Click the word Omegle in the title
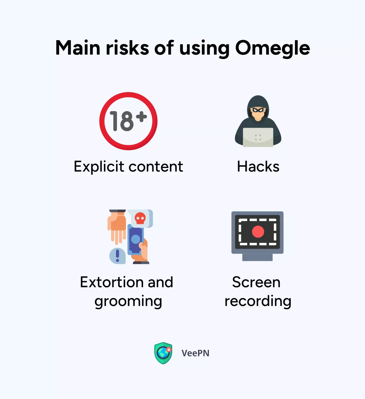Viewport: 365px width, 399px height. tap(273, 48)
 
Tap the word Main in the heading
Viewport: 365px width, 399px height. tap(78, 47)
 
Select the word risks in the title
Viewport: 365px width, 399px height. tap(127, 47)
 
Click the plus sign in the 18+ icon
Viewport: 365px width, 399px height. tap(142, 117)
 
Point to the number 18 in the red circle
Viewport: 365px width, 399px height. tap(122, 121)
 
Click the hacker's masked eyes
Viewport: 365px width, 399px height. tap(258, 110)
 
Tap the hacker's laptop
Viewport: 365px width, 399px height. tap(258, 137)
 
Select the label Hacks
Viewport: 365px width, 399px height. tap(258, 166)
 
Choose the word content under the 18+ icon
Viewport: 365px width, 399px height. tap(156, 167)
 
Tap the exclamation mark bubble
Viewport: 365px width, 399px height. tap(117, 256)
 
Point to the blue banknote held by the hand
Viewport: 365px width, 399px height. tap(135, 240)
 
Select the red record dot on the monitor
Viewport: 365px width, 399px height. tap(258, 232)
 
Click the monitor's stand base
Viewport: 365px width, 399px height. tap(257, 257)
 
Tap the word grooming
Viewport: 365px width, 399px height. tap(128, 302)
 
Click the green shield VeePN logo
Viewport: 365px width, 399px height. tap(163, 353)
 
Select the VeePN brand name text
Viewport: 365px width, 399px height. tap(195, 353)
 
